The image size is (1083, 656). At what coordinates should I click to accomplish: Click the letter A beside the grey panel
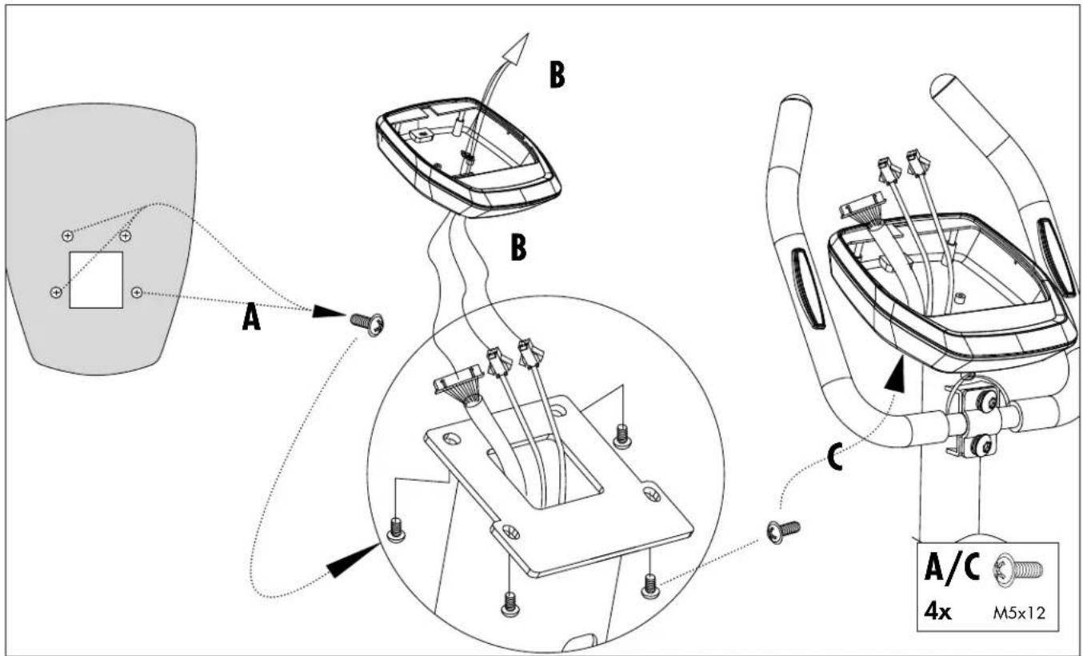(x=251, y=317)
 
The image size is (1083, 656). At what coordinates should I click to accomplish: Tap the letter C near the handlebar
(x=836, y=457)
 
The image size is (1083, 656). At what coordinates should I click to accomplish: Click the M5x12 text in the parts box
(x=1019, y=614)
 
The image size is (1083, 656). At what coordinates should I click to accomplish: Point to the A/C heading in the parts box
(x=952, y=567)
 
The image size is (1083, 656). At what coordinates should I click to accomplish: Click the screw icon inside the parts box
(x=1017, y=570)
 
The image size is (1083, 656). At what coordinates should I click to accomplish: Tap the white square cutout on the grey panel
(x=96, y=280)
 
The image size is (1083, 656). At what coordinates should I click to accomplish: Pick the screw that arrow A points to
(x=366, y=323)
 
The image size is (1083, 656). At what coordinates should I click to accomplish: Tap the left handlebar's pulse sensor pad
(x=808, y=289)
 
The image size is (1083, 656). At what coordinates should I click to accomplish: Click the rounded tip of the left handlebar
(x=794, y=102)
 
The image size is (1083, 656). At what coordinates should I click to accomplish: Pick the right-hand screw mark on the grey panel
(x=138, y=293)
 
